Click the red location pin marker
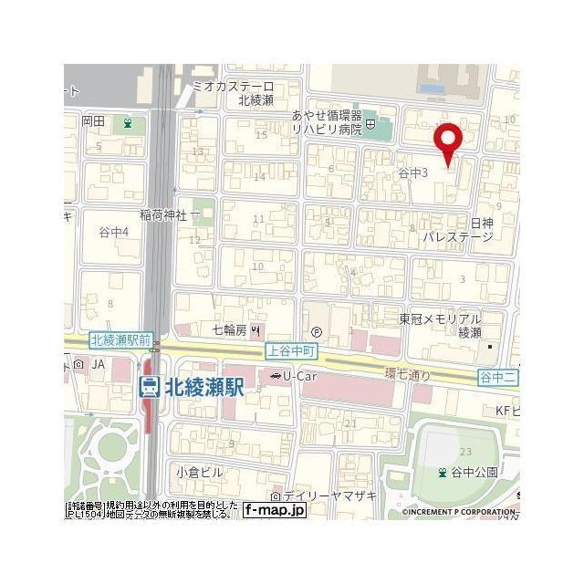point(447,141)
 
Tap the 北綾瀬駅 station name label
point(203,387)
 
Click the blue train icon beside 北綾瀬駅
point(148,387)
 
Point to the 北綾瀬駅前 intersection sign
point(120,340)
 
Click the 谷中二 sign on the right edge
point(498,376)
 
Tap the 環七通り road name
point(407,374)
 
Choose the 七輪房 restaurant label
point(229,328)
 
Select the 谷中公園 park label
point(472,472)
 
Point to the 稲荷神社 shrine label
point(163,214)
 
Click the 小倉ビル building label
point(200,472)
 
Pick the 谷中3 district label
point(413,172)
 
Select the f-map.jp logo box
point(275,509)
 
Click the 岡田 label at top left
point(94,120)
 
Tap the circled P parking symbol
point(317,331)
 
